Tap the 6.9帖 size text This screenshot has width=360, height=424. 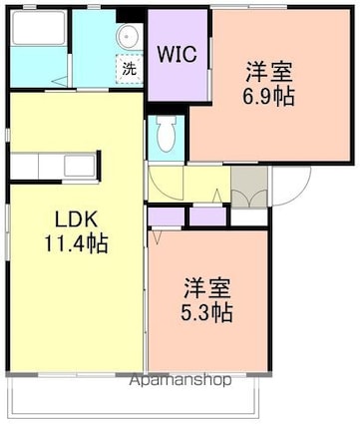(270, 98)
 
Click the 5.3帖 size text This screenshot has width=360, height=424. (207, 313)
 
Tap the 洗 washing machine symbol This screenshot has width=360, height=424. (130, 69)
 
